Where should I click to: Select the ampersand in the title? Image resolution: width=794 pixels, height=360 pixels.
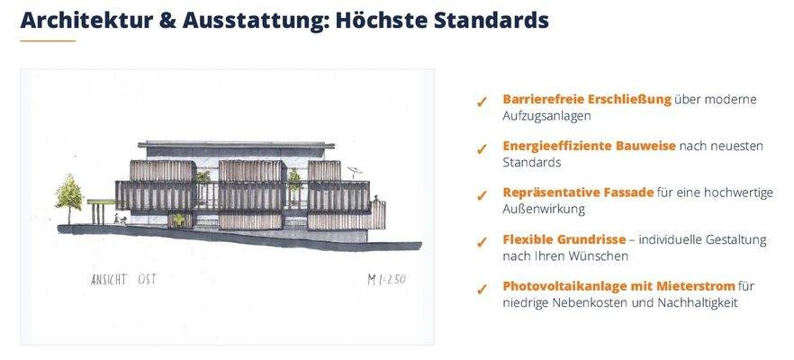(169, 19)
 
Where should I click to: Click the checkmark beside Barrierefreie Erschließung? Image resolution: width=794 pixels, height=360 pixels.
(482, 101)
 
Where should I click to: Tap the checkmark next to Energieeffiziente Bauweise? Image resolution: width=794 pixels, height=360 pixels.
(482, 148)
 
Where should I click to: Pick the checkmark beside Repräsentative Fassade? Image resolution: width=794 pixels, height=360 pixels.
(482, 194)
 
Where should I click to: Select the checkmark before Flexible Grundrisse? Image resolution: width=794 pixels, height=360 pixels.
(482, 241)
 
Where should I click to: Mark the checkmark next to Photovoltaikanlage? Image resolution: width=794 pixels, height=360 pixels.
(482, 288)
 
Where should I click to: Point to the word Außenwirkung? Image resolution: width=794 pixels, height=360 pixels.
(544, 209)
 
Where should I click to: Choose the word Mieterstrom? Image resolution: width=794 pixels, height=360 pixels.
(696, 286)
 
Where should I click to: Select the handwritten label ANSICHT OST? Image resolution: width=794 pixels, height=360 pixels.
(122, 279)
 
